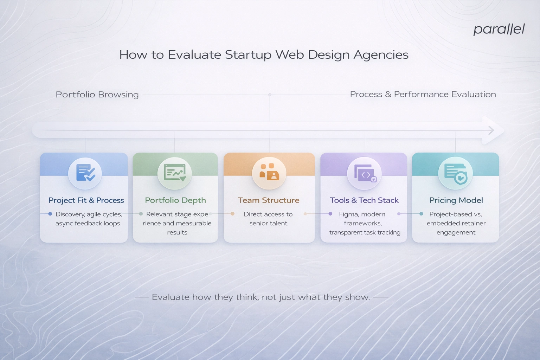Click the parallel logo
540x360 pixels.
click(499, 29)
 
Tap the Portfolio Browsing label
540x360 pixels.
click(97, 95)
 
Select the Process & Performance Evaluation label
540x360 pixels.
click(423, 94)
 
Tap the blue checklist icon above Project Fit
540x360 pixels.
click(85, 173)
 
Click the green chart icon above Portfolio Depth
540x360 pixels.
click(175, 173)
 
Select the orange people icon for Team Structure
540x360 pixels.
click(269, 172)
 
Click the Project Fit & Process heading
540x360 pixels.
click(86, 200)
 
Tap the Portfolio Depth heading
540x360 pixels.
click(175, 200)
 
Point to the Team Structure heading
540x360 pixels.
click(269, 200)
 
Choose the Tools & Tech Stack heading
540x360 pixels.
click(364, 200)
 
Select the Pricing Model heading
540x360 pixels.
click(456, 200)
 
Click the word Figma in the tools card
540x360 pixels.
click(347, 214)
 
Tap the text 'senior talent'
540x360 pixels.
click(268, 223)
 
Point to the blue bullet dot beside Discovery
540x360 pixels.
click(50, 214)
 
